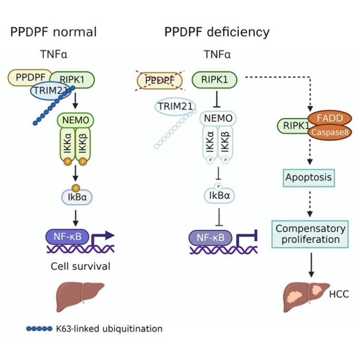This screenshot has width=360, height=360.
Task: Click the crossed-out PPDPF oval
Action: tap(159, 81)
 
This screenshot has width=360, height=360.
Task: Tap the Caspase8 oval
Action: tap(326, 132)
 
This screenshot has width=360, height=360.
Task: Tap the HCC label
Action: tap(339, 295)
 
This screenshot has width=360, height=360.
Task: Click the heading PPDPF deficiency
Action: tap(217, 32)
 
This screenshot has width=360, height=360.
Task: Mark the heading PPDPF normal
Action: tap(54, 32)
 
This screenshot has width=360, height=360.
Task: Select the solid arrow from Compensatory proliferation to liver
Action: tap(311, 264)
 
